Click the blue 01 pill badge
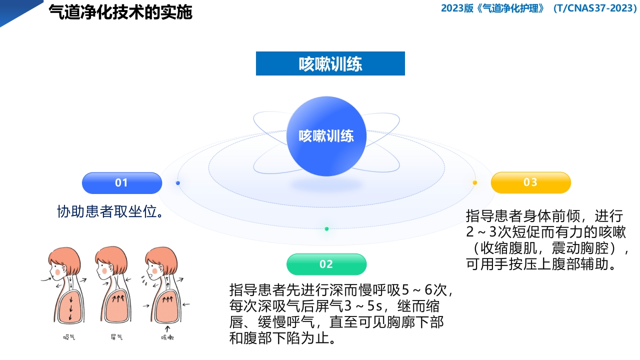coord(122,183)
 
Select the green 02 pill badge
coord(326,264)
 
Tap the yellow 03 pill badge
coord(530,182)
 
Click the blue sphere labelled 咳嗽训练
coord(326,136)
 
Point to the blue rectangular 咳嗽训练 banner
coord(330,63)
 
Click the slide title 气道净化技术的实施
coord(120,12)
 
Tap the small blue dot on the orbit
coord(178,183)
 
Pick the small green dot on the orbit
coord(326,229)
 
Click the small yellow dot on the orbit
coord(474,182)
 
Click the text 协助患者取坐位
coord(111,212)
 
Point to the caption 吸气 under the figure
coord(69,337)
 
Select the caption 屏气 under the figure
coord(116,337)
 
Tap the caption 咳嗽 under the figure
coord(167,338)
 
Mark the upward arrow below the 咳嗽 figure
coord(167,328)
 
